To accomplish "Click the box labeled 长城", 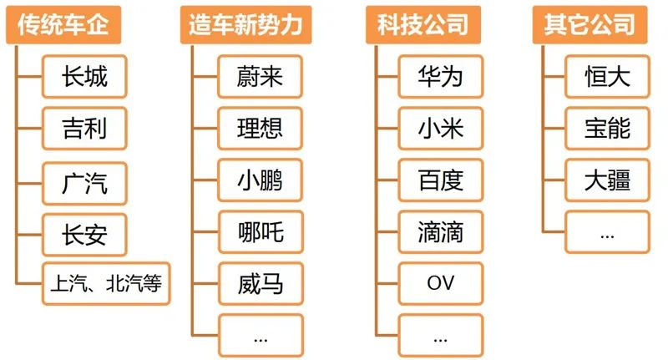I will pyautogui.click(x=84, y=77).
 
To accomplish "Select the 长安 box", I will pyautogui.click(x=84, y=233).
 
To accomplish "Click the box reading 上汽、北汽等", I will pyautogui.click(x=104, y=284).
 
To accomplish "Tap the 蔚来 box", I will pyautogui.click(x=260, y=77).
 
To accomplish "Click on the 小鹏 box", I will pyautogui.click(x=260, y=180).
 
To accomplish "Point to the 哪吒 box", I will pyautogui.click(x=260, y=231).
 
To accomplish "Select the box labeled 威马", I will pyautogui.click(x=260, y=284).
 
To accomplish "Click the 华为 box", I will pyautogui.click(x=440, y=77).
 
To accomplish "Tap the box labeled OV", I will pyautogui.click(x=440, y=284).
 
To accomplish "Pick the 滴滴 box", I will pyautogui.click(x=440, y=231).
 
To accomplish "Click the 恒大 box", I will pyautogui.click(x=607, y=77).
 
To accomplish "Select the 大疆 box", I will pyautogui.click(x=607, y=180).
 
